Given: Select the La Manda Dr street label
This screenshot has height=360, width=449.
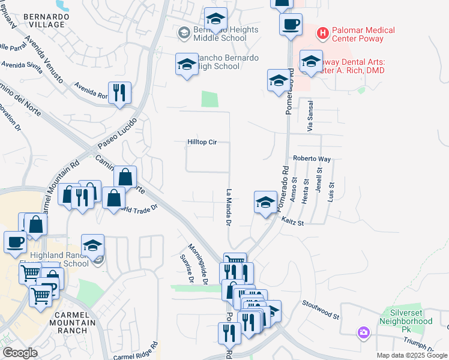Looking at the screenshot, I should pyautogui.click(x=228, y=207).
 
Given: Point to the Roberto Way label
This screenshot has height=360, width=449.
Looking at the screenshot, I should pyautogui.click(x=312, y=159).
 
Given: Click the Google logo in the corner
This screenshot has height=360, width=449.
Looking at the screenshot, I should pyautogui.click(x=20, y=353).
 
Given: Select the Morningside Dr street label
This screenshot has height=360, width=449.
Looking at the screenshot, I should pyautogui.click(x=197, y=264).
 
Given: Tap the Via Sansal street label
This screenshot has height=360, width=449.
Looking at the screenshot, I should pyautogui.click(x=310, y=121).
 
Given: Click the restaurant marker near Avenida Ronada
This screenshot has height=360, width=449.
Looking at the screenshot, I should pyautogui.click(x=119, y=92).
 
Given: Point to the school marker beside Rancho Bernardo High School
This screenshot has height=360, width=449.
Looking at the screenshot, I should pyautogui.click(x=187, y=64).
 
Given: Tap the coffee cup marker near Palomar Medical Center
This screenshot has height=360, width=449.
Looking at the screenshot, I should pyautogui.click(x=291, y=24).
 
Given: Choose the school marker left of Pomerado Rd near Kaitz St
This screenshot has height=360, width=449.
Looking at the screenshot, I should pyautogui.click(x=265, y=202).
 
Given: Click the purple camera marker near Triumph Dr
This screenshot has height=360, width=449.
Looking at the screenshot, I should pyautogui.click(x=363, y=332).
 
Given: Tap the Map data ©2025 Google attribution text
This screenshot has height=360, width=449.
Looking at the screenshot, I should pyautogui.click(x=411, y=355).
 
